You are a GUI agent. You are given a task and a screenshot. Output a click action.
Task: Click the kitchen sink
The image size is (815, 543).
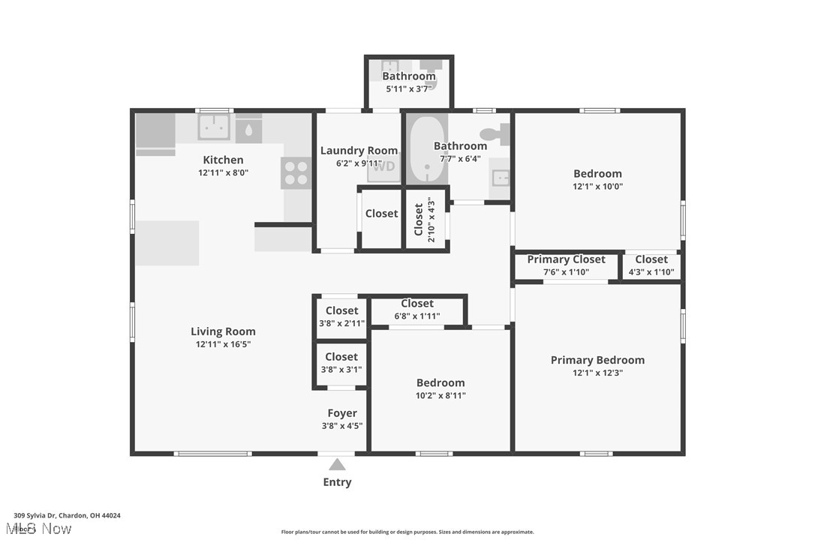click(x=214, y=127)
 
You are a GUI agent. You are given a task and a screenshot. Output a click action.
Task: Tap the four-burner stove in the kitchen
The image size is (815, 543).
click(x=296, y=173)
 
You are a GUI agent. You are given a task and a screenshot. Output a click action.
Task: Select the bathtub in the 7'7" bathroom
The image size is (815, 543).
click(x=427, y=149)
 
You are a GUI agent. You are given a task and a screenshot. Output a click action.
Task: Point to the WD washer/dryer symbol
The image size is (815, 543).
click(x=384, y=167)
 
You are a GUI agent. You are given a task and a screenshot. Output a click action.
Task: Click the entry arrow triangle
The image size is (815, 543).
click(x=337, y=464)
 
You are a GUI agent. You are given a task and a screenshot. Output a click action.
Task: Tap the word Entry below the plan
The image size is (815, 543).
click(x=337, y=482)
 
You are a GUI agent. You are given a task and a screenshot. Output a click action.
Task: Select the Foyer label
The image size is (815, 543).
click(x=342, y=413)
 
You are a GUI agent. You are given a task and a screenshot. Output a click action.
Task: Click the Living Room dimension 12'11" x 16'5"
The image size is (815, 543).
click(x=223, y=344)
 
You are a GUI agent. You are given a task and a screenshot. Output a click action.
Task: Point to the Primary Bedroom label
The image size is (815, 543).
click(x=597, y=360)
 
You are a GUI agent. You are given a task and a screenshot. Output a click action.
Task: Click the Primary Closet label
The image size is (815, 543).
click(x=566, y=259)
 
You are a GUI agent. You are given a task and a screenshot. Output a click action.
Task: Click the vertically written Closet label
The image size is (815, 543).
click(x=419, y=220)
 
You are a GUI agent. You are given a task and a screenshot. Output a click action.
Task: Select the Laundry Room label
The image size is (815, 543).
click(x=359, y=151)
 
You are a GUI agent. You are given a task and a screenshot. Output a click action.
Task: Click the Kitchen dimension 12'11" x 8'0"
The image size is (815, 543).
click(x=223, y=172)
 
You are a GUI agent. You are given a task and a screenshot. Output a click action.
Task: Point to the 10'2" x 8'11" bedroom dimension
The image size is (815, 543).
click(x=441, y=395)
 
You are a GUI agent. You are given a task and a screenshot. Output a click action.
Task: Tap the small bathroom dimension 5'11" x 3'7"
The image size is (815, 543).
click(x=409, y=88)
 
